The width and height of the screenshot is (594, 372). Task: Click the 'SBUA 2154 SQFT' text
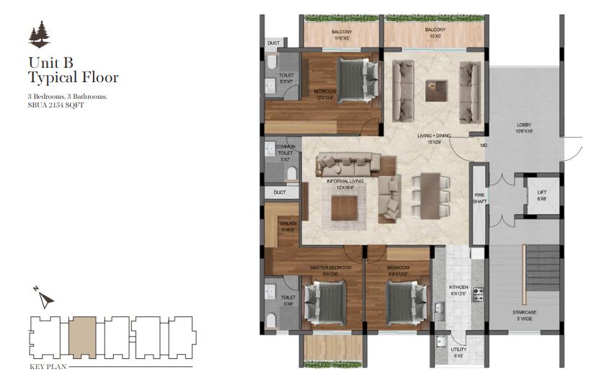pos(56,105)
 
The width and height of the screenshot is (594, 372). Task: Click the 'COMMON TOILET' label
pos(285,149)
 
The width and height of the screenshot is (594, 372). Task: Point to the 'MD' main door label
pos(483,146)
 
